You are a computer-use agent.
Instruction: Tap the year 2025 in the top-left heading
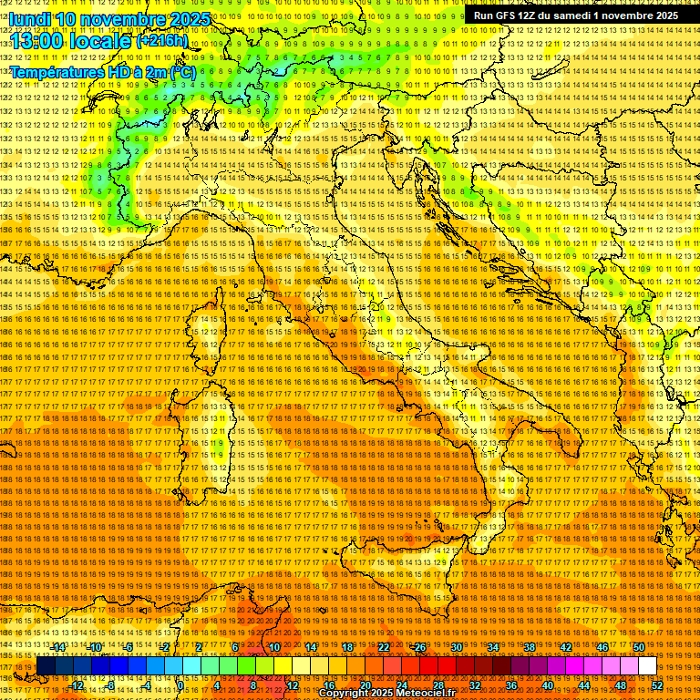pyautogui.click(x=182, y=19)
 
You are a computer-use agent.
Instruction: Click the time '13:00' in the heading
pyautogui.click(x=37, y=42)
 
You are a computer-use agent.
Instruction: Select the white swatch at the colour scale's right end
pyautogui.click(x=647, y=666)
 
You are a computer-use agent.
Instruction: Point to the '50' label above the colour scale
pyautogui.click(x=639, y=647)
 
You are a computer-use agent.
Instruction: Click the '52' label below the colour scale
pyautogui.click(x=656, y=685)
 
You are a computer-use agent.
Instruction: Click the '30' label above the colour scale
pyautogui.click(x=457, y=647)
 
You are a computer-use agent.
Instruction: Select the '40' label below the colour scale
pyautogui.click(x=547, y=685)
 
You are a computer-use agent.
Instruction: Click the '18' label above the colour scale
pyautogui.click(x=347, y=647)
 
